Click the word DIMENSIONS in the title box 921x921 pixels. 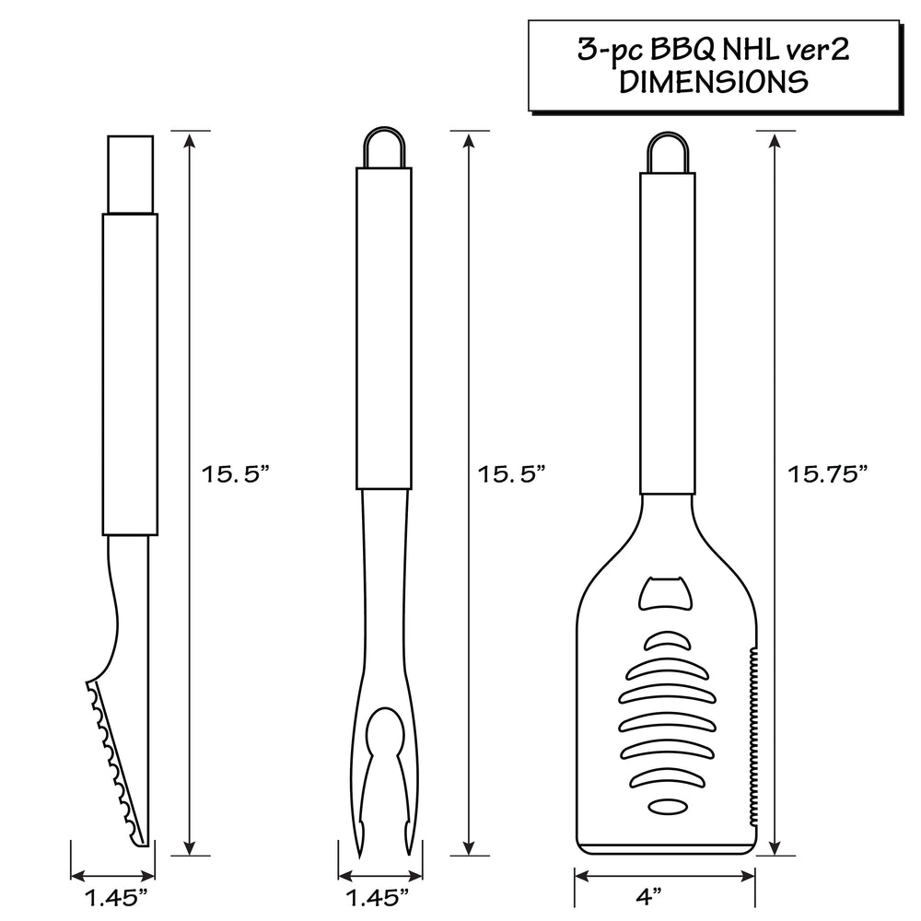(714, 82)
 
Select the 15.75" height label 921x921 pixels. (827, 474)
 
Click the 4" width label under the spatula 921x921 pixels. (648, 896)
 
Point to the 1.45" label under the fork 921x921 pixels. (378, 897)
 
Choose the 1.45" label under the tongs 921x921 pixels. (117, 897)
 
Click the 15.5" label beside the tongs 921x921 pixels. (236, 474)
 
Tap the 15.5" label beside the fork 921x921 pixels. (512, 474)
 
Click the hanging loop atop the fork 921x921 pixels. (384, 127)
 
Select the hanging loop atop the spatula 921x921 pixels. (667, 133)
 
